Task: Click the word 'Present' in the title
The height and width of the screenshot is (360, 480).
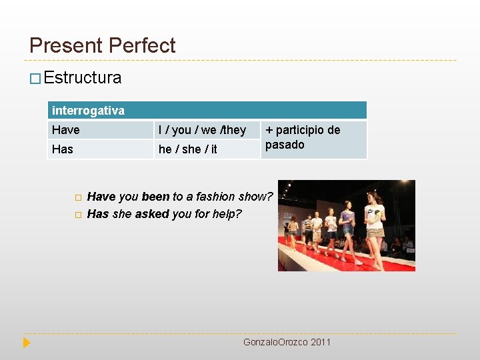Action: click(66, 45)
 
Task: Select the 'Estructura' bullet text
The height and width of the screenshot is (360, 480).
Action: click(83, 78)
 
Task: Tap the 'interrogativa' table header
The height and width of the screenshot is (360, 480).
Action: click(88, 110)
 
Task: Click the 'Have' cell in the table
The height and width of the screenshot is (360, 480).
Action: click(65, 130)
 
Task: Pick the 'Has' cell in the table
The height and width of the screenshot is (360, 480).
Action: click(62, 149)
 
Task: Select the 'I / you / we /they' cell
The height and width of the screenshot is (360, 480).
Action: click(202, 130)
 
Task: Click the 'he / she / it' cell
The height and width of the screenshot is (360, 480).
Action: click(187, 149)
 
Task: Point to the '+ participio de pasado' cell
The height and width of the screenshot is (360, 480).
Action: click(303, 137)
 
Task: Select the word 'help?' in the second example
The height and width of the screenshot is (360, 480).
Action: click(227, 214)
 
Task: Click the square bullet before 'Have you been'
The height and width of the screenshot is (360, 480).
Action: click(77, 197)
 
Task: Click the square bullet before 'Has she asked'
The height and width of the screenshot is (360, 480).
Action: click(77, 215)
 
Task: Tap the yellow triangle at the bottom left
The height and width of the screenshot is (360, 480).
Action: click(27, 343)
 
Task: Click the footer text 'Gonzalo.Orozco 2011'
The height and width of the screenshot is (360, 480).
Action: click(287, 342)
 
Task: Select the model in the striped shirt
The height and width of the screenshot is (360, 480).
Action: click(308, 231)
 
